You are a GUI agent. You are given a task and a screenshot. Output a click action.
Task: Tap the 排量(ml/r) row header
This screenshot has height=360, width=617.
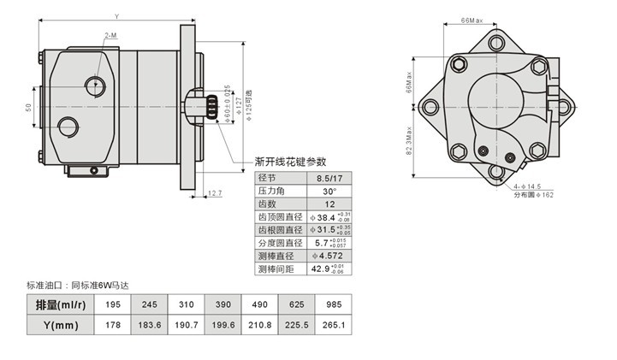tap(61, 305)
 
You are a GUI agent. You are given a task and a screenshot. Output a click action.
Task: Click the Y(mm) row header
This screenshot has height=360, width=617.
tap(61, 325)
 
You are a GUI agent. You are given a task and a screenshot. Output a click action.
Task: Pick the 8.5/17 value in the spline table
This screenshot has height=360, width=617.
tap(325, 179)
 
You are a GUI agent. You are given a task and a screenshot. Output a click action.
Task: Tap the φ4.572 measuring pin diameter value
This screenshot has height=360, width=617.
tap(326, 256)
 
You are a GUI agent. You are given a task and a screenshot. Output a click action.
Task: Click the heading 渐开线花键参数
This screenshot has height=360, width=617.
tap(292, 161)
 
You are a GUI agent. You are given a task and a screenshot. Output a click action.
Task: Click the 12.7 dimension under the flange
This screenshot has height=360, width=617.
tap(215, 193)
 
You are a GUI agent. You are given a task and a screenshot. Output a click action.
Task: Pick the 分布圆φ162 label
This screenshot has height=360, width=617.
tap(533, 195)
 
